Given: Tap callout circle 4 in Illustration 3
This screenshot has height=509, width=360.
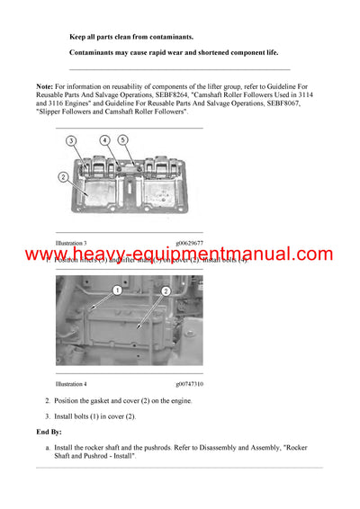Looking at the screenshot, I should (105, 141).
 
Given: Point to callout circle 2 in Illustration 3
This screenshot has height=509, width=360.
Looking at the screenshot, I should (64, 177).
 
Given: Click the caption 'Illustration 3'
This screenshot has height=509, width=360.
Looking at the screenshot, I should (71, 243).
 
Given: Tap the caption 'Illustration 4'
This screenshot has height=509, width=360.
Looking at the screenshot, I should (71, 383).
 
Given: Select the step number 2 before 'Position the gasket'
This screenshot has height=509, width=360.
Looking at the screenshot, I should (47, 399).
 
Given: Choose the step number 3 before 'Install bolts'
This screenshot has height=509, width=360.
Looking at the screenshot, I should (47, 415).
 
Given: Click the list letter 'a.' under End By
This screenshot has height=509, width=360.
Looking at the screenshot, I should (47, 447).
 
